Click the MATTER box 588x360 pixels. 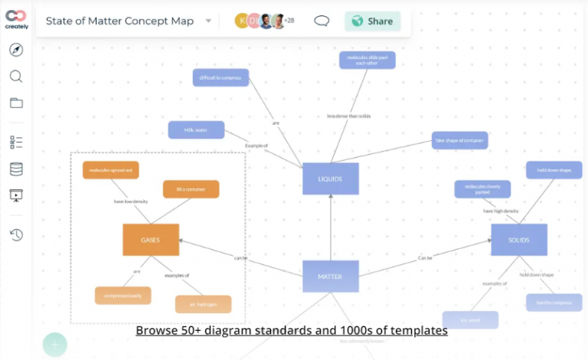tap(330, 277)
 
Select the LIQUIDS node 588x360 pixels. tap(330, 178)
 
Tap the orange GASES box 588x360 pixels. tap(151, 240)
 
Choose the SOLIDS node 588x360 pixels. tap(519, 240)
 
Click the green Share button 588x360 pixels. tap(372, 21)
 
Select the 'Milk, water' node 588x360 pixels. tap(196, 130)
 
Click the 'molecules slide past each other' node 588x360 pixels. tap(367, 61)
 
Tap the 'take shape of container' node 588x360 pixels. tap(459, 140)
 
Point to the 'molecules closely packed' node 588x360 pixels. tap(482, 189)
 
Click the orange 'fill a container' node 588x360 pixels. tap(191, 189)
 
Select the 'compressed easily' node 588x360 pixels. tap(122, 295)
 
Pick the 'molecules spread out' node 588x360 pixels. tap(111, 170)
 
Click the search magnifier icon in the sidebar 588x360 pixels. tap(16, 77)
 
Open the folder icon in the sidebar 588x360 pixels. tap(16, 103)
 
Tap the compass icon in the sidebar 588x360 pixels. tap(16, 51)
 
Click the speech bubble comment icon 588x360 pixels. tap(322, 21)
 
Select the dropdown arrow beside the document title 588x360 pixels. tap(208, 21)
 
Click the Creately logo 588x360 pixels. tap(16, 19)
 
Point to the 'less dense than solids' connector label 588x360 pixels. tap(348, 116)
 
